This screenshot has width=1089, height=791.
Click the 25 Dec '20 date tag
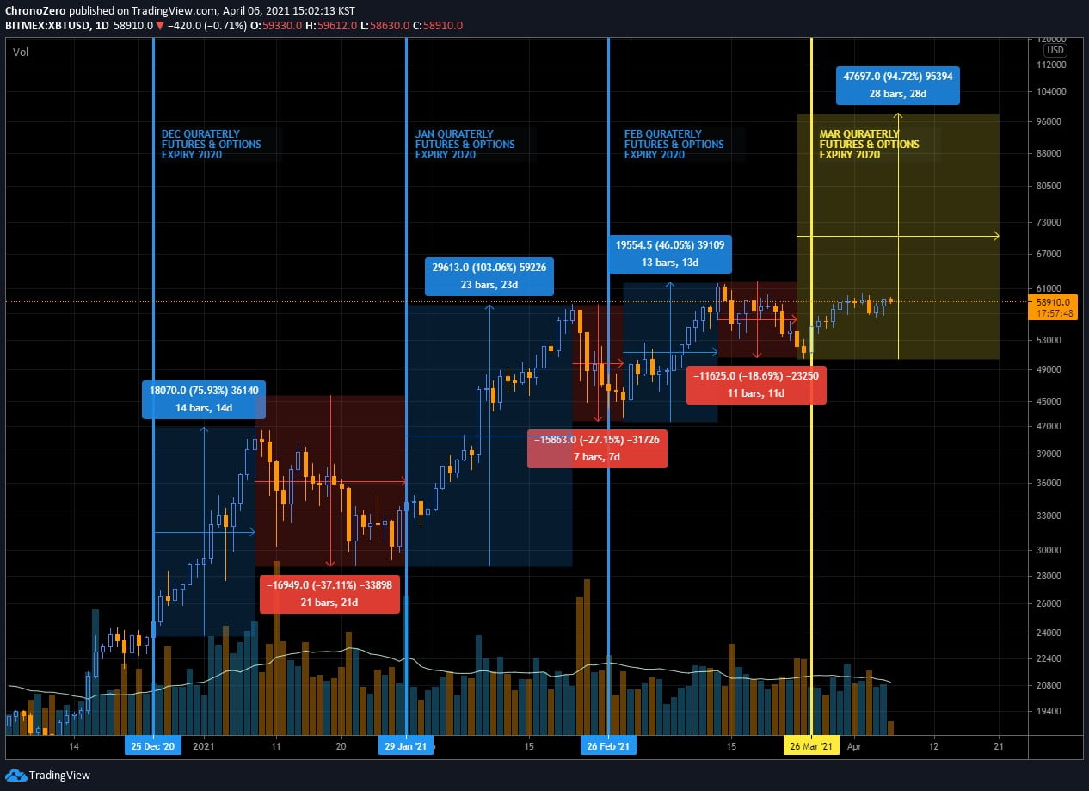153,746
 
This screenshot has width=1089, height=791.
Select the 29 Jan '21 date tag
406,746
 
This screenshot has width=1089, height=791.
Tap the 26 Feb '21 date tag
609,746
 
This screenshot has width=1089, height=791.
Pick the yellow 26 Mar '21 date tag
811,746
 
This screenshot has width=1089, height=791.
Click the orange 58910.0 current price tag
1053,307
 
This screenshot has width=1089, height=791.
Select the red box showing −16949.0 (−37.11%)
329,594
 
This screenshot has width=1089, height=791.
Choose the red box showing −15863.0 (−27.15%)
597,448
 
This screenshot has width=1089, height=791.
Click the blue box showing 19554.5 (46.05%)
670,253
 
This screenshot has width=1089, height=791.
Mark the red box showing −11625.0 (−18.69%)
756,385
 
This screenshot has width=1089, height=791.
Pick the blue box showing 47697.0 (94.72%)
897,85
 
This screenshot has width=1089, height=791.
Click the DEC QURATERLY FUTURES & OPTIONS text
212,145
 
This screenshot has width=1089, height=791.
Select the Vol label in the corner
21,53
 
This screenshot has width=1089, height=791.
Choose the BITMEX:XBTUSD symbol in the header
44,25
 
